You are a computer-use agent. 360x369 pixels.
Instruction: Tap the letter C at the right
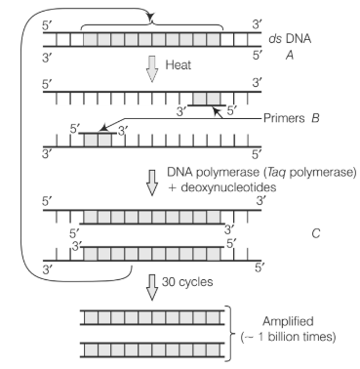click(315, 233)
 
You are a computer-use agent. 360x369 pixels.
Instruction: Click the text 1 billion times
click(297, 337)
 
